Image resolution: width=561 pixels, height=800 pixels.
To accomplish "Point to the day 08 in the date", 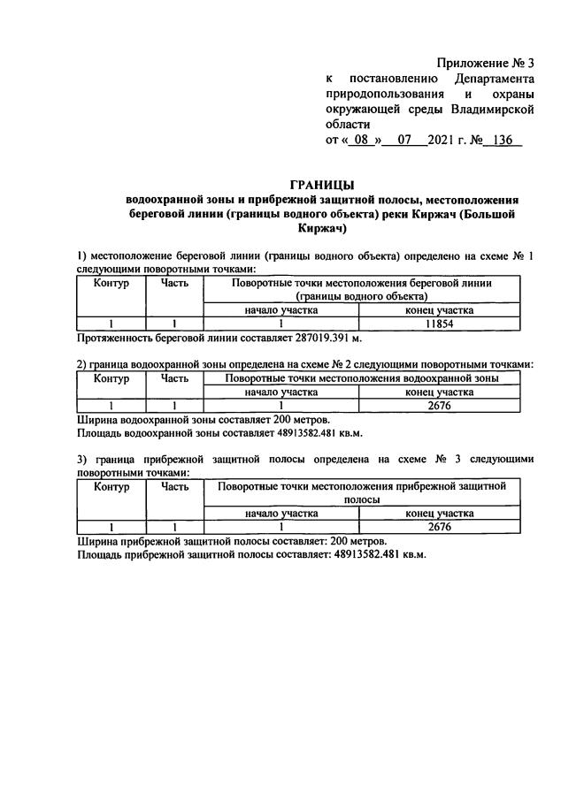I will (359, 141).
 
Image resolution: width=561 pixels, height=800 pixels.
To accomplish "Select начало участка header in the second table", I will (280, 392).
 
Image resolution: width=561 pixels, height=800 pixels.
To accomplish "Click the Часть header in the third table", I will (174, 487).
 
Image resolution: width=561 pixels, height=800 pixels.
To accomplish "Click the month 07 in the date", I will (406, 141).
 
